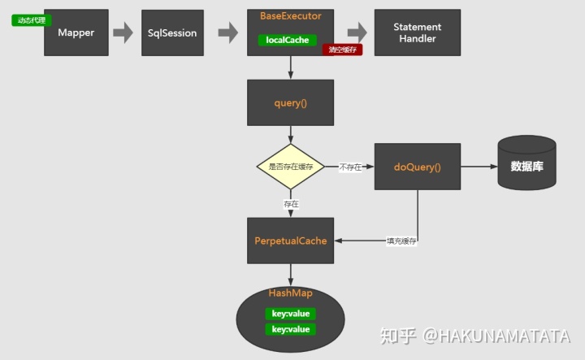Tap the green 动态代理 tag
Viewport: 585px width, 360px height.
pyautogui.click(x=32, y=20)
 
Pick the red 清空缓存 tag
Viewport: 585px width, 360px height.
pyautogui.click(x=342, y=50)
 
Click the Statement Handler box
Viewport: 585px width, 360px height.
pyautogui.click(x=418, y=33)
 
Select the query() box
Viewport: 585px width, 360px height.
pyautogui.click(x=290, y=102)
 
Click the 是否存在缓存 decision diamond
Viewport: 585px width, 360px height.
pyautogui.click(x=290, y=167)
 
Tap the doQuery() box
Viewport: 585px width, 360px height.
pyautogui.click(x=417, y=167)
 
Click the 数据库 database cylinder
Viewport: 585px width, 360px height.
pyautogui.click(x=526, y=164)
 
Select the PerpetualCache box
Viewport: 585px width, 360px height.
pyautogui.click(x=290, y=241)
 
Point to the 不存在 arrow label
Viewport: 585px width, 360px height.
pyautogui.click(x=351, y=167)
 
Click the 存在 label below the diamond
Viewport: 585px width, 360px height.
pyautogui.click(x=291, y=204)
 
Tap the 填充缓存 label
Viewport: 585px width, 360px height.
pyautogui.click(x=402, y=241)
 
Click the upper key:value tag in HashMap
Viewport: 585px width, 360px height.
pyautogui.click(x=291, y=314)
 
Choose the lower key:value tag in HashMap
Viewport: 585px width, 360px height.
pyautogui.click(x=291, y=329)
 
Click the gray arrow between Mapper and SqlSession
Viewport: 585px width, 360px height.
pyautogui.click(x=123, y=33)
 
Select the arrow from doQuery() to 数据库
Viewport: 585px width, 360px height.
pyautogui.click(x=479, y=167)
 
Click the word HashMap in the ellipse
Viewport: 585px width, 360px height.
pyautogui.click(x=290, y=293)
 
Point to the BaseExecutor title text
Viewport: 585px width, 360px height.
pyautogui.click(x=290, y=16)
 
